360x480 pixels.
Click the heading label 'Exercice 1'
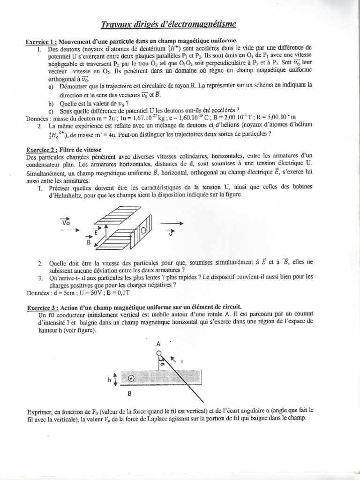[42, 42]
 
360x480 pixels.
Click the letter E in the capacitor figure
[96, 232]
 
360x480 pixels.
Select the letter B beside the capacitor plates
[87, 243]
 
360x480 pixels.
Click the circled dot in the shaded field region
[132, 379]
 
